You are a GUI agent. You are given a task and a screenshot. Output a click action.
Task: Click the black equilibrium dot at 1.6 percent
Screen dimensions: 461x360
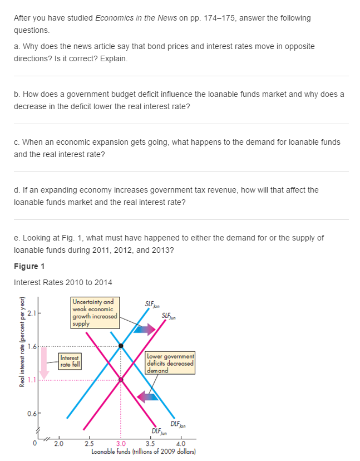click(x=121, y=346)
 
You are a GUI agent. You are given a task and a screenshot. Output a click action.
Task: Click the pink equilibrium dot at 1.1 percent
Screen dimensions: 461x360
click(x=121, y=380)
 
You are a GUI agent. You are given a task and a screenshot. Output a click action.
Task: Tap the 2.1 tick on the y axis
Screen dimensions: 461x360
click(x=31, y=313)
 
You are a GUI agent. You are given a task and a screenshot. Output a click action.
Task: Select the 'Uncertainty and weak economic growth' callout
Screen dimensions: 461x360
click(x=94, y=309)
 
